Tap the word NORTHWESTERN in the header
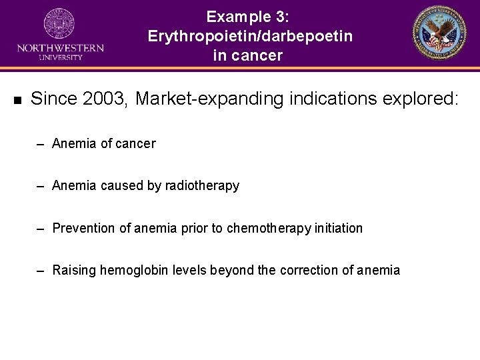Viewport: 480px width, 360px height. (60, 48)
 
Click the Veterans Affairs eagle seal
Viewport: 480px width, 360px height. (441, 34)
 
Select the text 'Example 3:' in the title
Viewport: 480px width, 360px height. (247, 17)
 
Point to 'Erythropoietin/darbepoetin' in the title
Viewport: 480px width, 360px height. (250, 36)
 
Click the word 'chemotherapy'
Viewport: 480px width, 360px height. (269, 229)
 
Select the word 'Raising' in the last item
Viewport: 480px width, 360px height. (74, 271)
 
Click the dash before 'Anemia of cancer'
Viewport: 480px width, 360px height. (41, 144)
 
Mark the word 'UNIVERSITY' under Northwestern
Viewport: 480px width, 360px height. (60, 57)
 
